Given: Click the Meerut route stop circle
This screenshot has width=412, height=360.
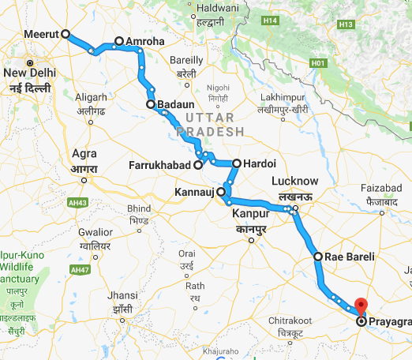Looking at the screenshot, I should (x=66, y=34).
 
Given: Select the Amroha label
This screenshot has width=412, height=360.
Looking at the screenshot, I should (x=140, y=40).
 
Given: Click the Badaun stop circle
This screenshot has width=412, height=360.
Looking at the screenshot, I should (x=150, y=103).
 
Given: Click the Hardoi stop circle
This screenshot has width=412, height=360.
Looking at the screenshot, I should (x=236, y=163).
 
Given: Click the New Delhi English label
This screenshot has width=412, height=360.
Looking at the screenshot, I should (x=28, y=74).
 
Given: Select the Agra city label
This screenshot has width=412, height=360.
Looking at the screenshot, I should (x=84, y=154).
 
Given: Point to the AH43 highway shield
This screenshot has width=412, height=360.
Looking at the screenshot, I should (x=79, y=201).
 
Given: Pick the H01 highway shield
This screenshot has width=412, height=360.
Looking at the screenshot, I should (x=318, y=62).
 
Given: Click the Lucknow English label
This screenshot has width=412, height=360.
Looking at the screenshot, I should (x=294, y=181).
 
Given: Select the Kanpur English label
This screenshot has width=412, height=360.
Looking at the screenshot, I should (x=251, y=214).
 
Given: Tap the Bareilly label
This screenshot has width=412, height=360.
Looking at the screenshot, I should (x=186, y=59).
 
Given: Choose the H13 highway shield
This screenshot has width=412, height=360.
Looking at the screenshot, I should (x=345, y=25).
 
